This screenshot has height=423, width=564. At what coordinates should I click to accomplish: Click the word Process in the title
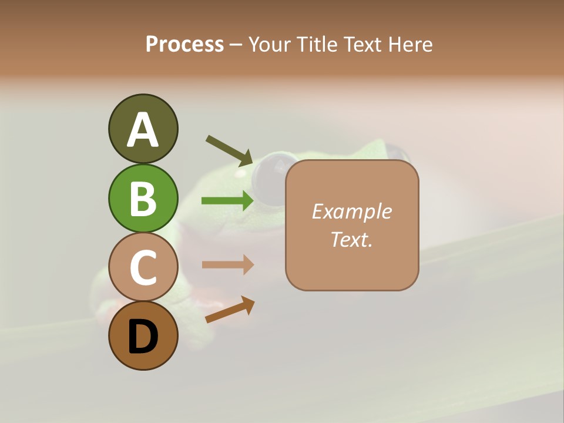pyautogui.click(x=184, y=45)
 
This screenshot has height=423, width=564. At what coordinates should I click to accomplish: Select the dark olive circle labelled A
pyautogui.click(x=143, y=129)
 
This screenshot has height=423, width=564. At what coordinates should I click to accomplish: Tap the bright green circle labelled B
pyautogui.click(x=143, y=198)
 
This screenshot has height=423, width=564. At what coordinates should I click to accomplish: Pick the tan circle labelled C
pyautogui.click(x=143, y=267)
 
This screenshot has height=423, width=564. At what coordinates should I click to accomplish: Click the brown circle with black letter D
pyautogui.click(x=143, y=336)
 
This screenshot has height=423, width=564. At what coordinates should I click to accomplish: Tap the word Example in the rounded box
pyautogui.click(x=351, y=211)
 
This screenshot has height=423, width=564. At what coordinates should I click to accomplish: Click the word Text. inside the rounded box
pyautogui.click(x=351, y=240)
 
